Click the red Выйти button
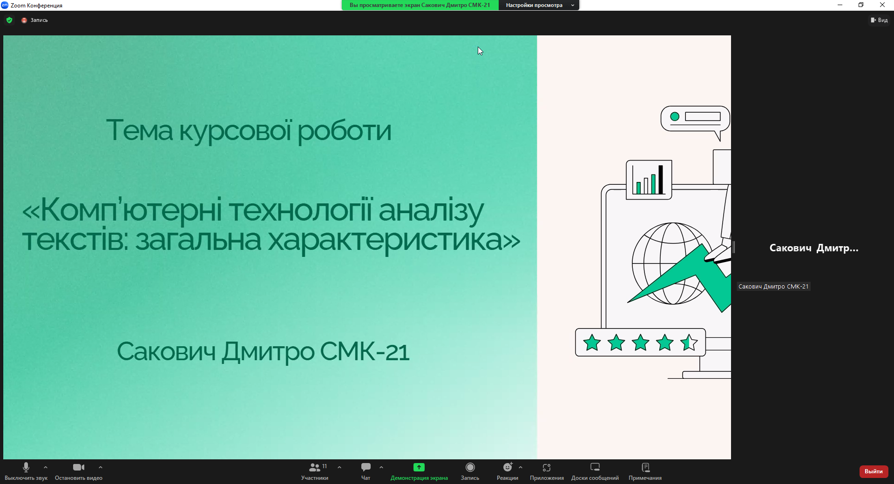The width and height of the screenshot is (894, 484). pyautogui.click(x=874, y=471)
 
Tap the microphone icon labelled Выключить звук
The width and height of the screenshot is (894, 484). pyautogui.click(x=26, y=467)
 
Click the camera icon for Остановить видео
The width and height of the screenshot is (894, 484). pyautogui.click(x=79, y=467)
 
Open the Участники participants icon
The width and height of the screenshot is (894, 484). pyautogui.click(x=315, y=467)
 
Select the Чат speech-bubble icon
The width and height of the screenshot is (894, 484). pyautogui.click(x=366, y=467)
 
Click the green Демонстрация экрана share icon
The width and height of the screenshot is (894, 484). pyautogui.click(x=419, y=467)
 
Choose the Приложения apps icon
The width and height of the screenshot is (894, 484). pyautogui.click(x=547, y=467)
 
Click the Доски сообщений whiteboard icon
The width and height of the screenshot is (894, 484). pyautogui.click(x=595, y=467)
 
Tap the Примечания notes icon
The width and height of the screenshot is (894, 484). pyautogui.click(x=645, y=467)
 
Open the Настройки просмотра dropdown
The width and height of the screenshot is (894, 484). pyautogui.click(x=539, y=5)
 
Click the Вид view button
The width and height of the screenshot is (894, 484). pyautogui.click(x=879, y=20)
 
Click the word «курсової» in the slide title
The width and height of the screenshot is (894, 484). pyautogui.click(x=235, y=131)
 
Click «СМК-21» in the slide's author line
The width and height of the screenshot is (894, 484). pyautogui.click(x=365, y=351)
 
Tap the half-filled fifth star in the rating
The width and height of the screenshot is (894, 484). pyautogui.click(x=689, y=343)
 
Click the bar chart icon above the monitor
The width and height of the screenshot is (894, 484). pyautogui.click(x=649, y=180)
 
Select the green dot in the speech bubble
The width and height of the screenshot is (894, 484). pyautogui.click(x=675, y=117)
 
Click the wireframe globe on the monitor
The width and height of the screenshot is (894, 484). pyautogui.click(x=672, y=263)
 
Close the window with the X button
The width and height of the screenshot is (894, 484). pyautogui.click(x=882, y=5)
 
